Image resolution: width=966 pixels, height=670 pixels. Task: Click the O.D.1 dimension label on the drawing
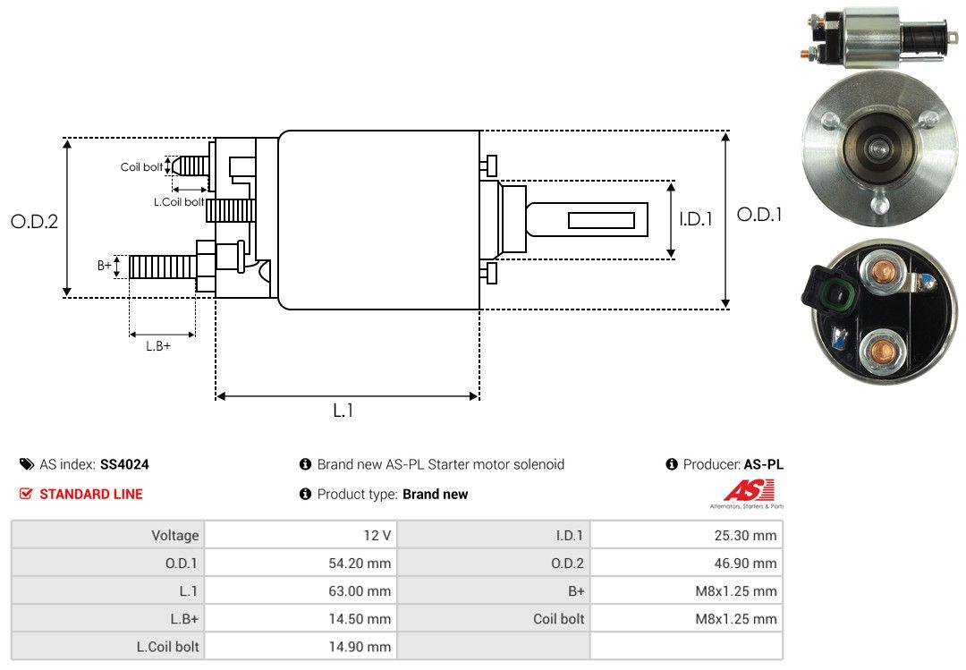(x=759, y=215)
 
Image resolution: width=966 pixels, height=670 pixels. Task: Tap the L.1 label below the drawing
(x=343, y=411)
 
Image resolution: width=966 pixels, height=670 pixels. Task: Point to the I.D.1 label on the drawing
(x=695, y=218)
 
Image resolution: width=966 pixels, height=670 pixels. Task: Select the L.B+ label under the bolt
(x=158, y=346)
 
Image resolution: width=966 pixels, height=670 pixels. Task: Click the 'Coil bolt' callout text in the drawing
(x=141, y=167)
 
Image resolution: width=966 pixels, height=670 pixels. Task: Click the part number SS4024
(x=124, y=464)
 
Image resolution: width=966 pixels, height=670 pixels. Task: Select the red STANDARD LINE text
(x=90, y=494)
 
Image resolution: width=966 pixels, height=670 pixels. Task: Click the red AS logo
(x=749, y=491)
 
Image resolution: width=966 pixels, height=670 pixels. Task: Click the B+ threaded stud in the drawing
(x=161, y=267)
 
